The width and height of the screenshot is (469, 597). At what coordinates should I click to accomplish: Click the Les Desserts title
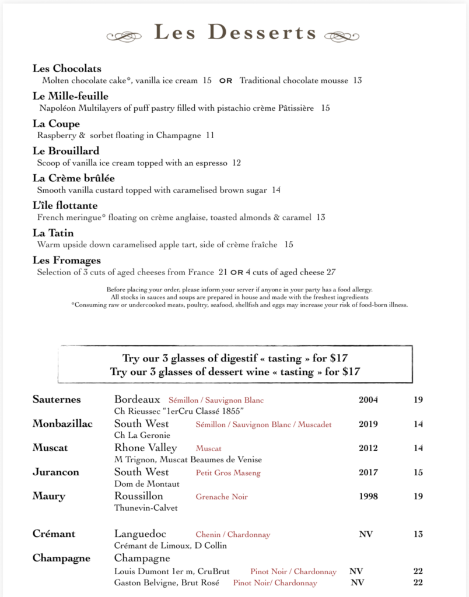click(x=235, y=33)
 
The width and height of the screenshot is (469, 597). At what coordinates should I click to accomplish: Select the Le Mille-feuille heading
click(x=71, y=96)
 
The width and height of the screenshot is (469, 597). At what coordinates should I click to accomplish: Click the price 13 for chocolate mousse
click(x=358, y=80)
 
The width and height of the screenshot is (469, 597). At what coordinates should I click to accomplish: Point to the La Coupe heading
click(x=57, y=124)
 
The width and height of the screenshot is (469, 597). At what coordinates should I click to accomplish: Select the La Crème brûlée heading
click(x=73, y=178)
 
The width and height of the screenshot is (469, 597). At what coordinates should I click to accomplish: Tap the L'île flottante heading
click(x=65, y=206)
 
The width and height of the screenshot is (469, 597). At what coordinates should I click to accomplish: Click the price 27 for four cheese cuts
click(x=331, y=272)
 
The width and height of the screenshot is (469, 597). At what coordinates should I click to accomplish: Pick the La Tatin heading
click(x=53, y=233)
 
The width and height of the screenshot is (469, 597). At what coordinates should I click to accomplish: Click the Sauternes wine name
click(x=57, y=400)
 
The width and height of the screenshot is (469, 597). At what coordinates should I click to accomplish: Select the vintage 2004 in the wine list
click(x=368, y=400)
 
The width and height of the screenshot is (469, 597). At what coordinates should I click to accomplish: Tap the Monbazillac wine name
click(x=62, y=424)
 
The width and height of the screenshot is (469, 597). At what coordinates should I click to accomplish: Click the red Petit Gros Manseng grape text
click(x=228, y=473)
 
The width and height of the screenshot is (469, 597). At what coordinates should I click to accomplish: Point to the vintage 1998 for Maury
click(x=368, y=497)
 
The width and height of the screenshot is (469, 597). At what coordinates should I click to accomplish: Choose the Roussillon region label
click(x=139, y=496)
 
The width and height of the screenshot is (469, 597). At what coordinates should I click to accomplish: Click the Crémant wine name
click(x=54, y=534)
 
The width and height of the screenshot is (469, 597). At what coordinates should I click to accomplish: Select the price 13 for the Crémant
click(x=418, y=534)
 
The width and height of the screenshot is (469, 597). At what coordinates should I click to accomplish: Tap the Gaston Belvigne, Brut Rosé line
click(x=169, y=583)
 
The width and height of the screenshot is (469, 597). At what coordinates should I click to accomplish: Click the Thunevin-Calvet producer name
click(x=146, y=508)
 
